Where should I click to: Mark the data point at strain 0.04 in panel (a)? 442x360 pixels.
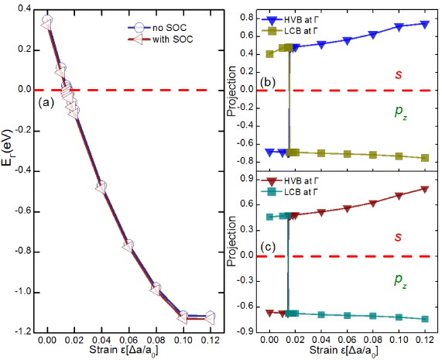[101, 187]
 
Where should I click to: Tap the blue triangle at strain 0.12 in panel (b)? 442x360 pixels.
[425, 24]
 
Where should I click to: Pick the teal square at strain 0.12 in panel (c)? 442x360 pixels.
[425, 318]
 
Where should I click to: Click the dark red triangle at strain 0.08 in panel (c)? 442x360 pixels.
[373, 204]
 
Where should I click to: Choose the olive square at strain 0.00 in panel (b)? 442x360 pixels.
[269, 54]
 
